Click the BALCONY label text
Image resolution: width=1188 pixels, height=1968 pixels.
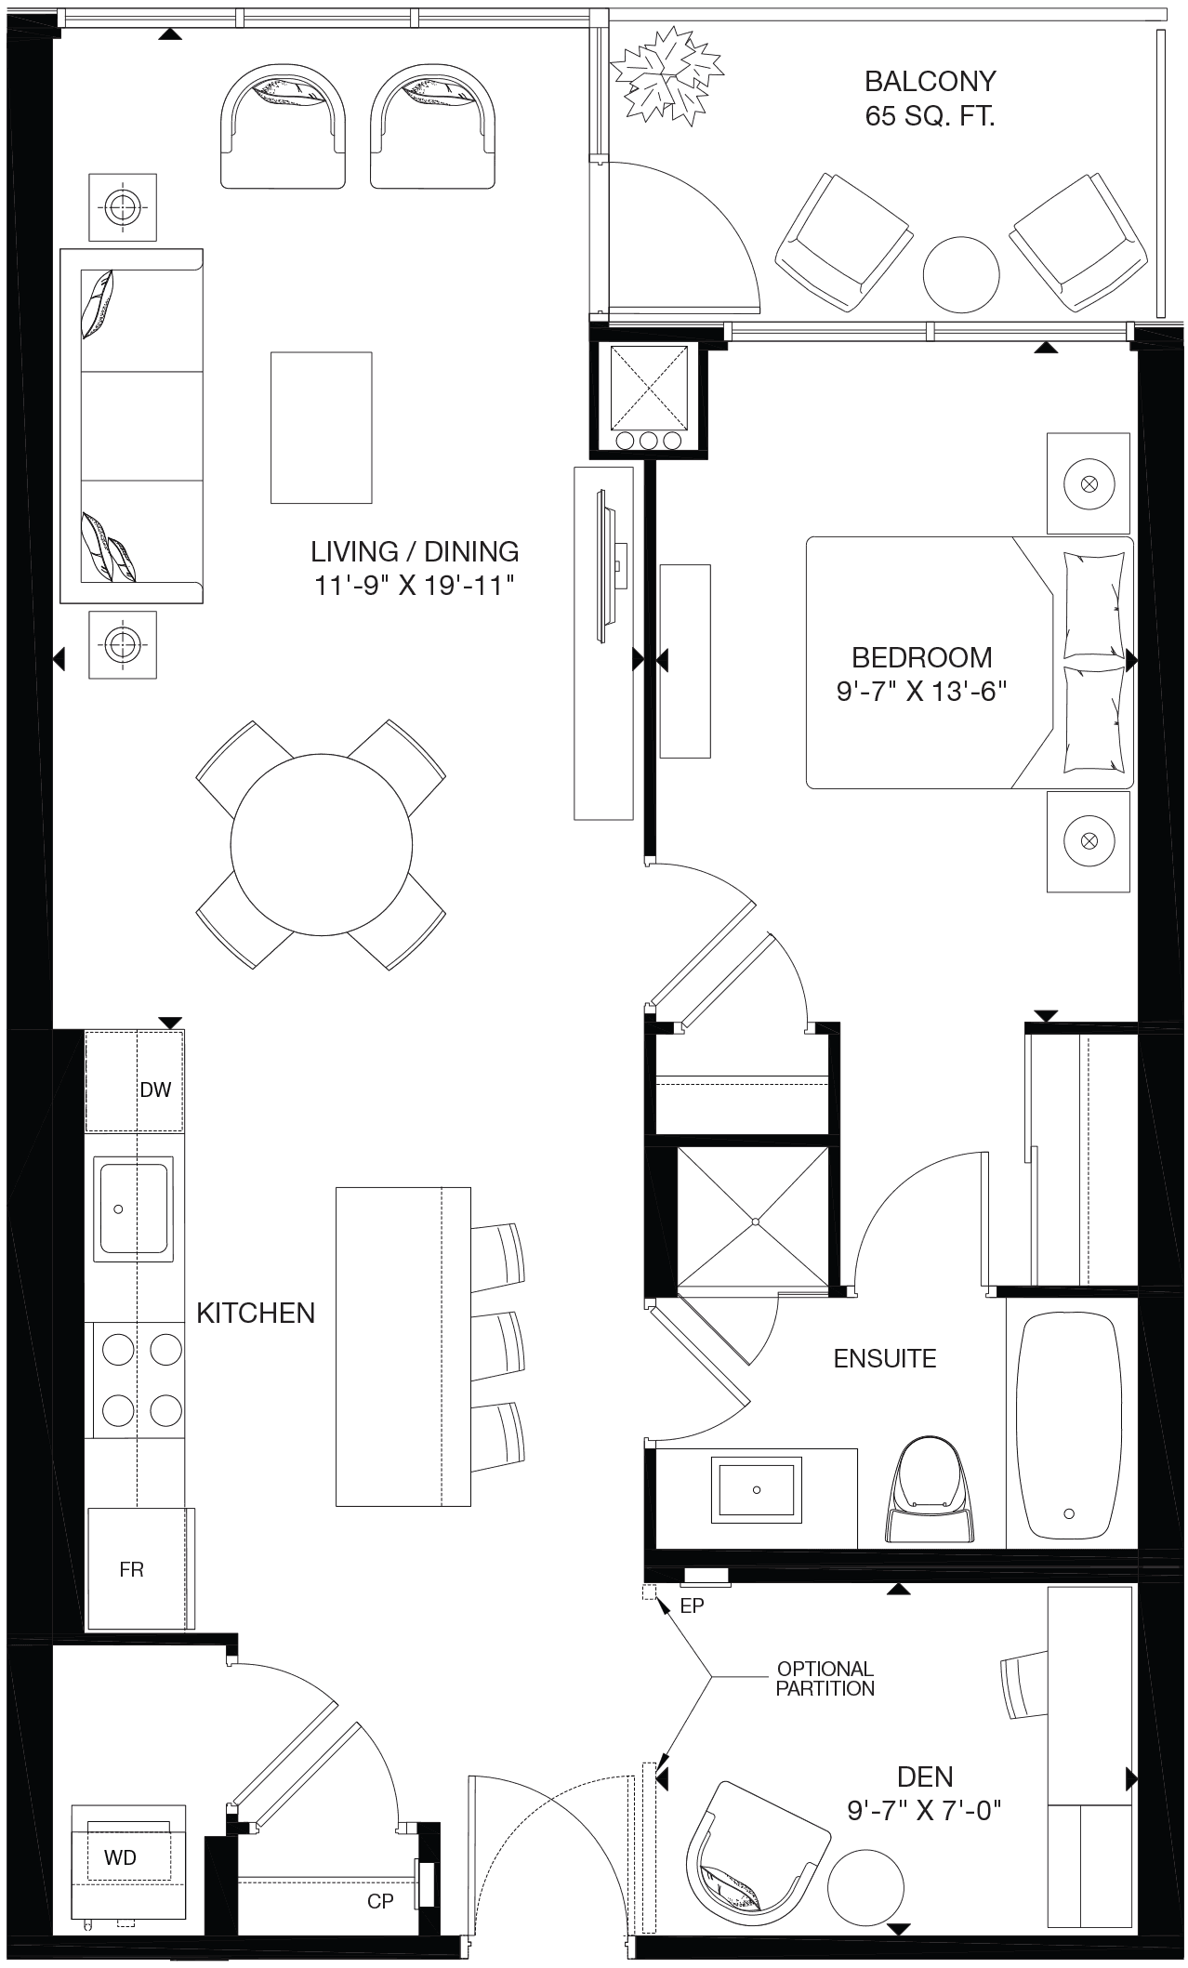click(x=930, y=82)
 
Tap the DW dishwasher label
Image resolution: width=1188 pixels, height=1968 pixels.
click(x=155, y=1090)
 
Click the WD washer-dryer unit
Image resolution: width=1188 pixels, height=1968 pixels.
click(x=122, y=1858)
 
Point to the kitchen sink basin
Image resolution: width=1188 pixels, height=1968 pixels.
click(x=134, y=1208)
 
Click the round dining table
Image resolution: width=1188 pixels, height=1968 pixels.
click(x=321, y=845)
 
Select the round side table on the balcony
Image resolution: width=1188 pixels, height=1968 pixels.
click(x=961, y=275)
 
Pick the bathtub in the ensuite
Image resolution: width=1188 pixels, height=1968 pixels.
click(x=1071, y=1423)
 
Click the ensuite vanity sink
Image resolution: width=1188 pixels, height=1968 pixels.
click(x=756, y=1490)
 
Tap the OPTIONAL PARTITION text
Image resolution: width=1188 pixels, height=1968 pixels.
click(x=825, y=1679)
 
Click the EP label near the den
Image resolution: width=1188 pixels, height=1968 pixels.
click(x=693, y=1605)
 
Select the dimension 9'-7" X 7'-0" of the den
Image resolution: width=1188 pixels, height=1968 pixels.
click(x=924, y=1811)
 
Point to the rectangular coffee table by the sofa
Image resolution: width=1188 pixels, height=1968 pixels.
click(x=322, y=428)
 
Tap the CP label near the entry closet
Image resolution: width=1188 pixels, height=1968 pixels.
click(x=380, y=1900)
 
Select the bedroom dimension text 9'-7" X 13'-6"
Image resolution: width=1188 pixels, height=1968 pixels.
click(x=922, y=692)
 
